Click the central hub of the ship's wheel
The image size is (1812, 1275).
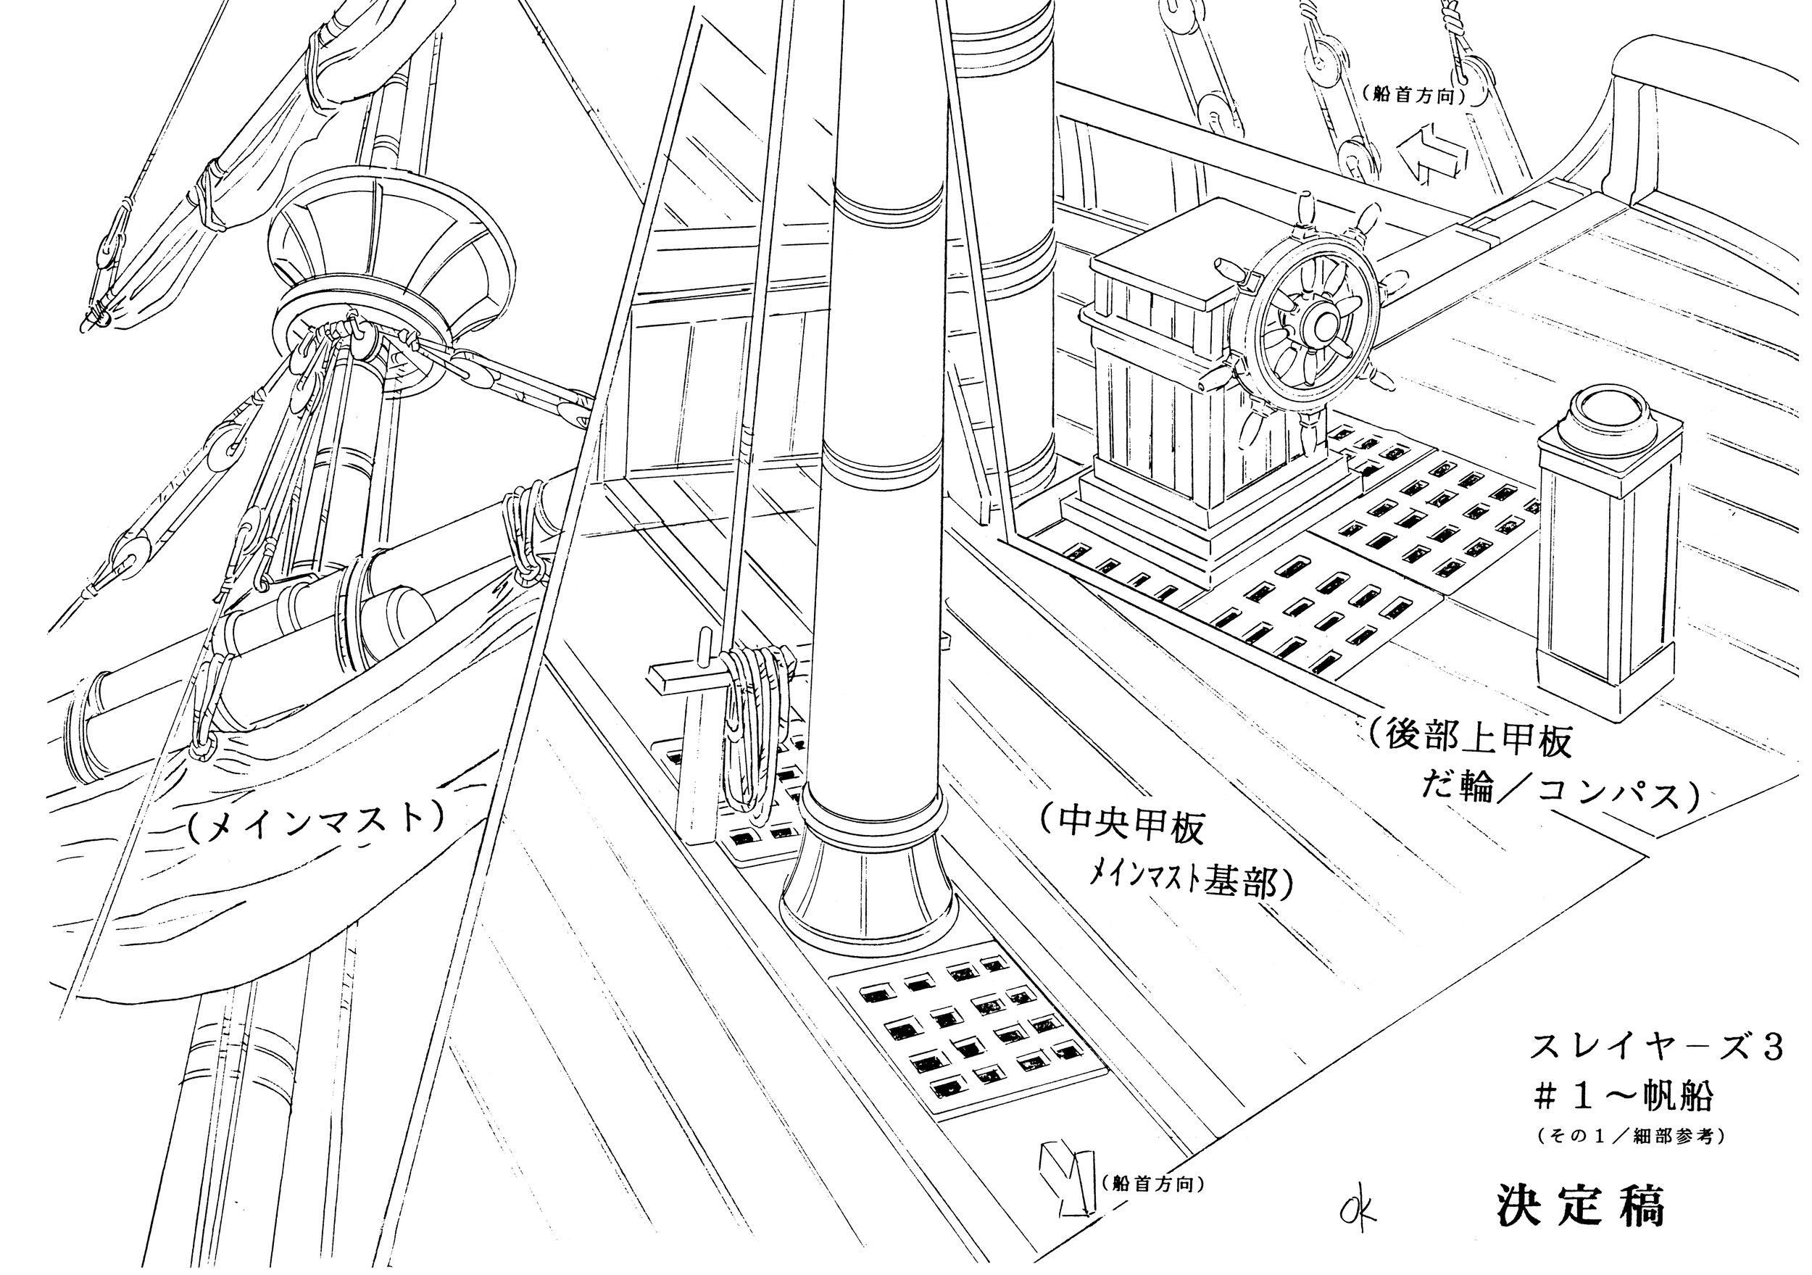(x=1323, y=324)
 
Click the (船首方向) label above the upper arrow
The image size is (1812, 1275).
(x=1413, y=95)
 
